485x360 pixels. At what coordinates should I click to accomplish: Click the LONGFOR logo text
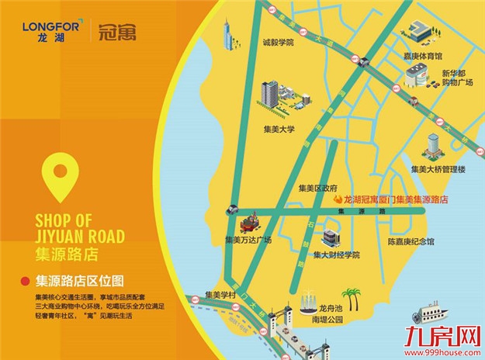[x=43, y=26]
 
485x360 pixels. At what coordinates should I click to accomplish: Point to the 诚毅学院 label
[x=279, y=43]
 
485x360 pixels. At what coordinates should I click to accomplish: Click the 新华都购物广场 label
[x=457, y=78]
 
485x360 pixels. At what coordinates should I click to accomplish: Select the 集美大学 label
[x=280, y=130]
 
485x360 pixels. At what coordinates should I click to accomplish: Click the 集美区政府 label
[x=318, y=188]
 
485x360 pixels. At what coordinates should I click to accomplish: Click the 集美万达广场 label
[x=248, y=241]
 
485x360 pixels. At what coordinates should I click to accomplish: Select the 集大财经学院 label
[x=337, y=254]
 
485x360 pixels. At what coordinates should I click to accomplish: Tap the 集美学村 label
[x=220, y=295]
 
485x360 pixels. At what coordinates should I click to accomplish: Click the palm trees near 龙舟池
[x=352, y=299]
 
